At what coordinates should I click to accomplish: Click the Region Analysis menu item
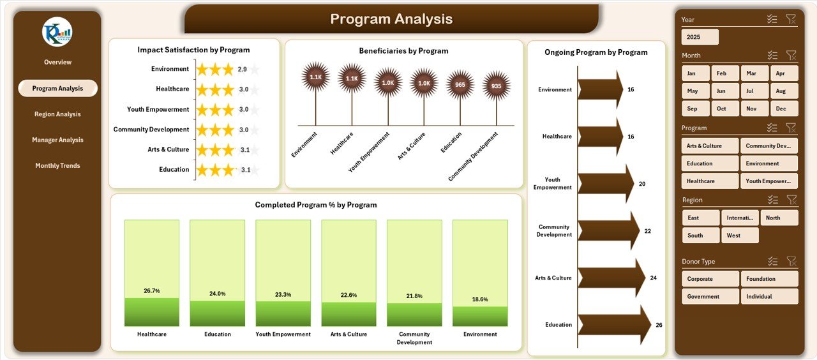(57, 114)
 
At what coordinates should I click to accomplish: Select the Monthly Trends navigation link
(57, 165)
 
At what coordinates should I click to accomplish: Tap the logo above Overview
(57, 32)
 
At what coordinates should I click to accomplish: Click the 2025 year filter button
(700, 37)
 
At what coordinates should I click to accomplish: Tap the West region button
(740, 236)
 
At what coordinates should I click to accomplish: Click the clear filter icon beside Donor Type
(791, 261)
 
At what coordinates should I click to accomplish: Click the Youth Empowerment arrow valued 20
(605, 184)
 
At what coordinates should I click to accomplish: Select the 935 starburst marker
(497, 85)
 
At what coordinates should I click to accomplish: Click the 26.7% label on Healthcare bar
(152, 290)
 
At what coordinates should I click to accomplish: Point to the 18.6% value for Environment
(480, 299)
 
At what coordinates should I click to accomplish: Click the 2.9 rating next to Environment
(243, 69)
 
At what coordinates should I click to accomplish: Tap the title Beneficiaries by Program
(403, 51)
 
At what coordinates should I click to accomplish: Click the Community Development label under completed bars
(414, 338)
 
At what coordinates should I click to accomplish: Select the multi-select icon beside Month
(772, 56)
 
